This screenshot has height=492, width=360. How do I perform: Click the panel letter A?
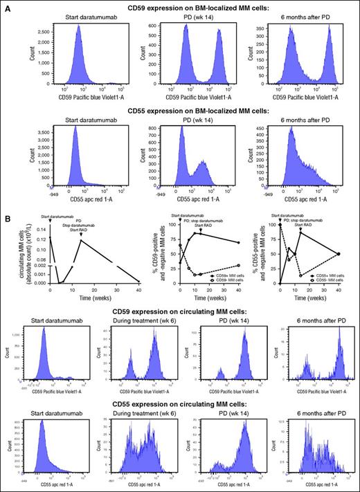(x=6, y=6)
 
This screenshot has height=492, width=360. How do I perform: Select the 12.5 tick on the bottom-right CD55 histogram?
(x=277, y=420)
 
